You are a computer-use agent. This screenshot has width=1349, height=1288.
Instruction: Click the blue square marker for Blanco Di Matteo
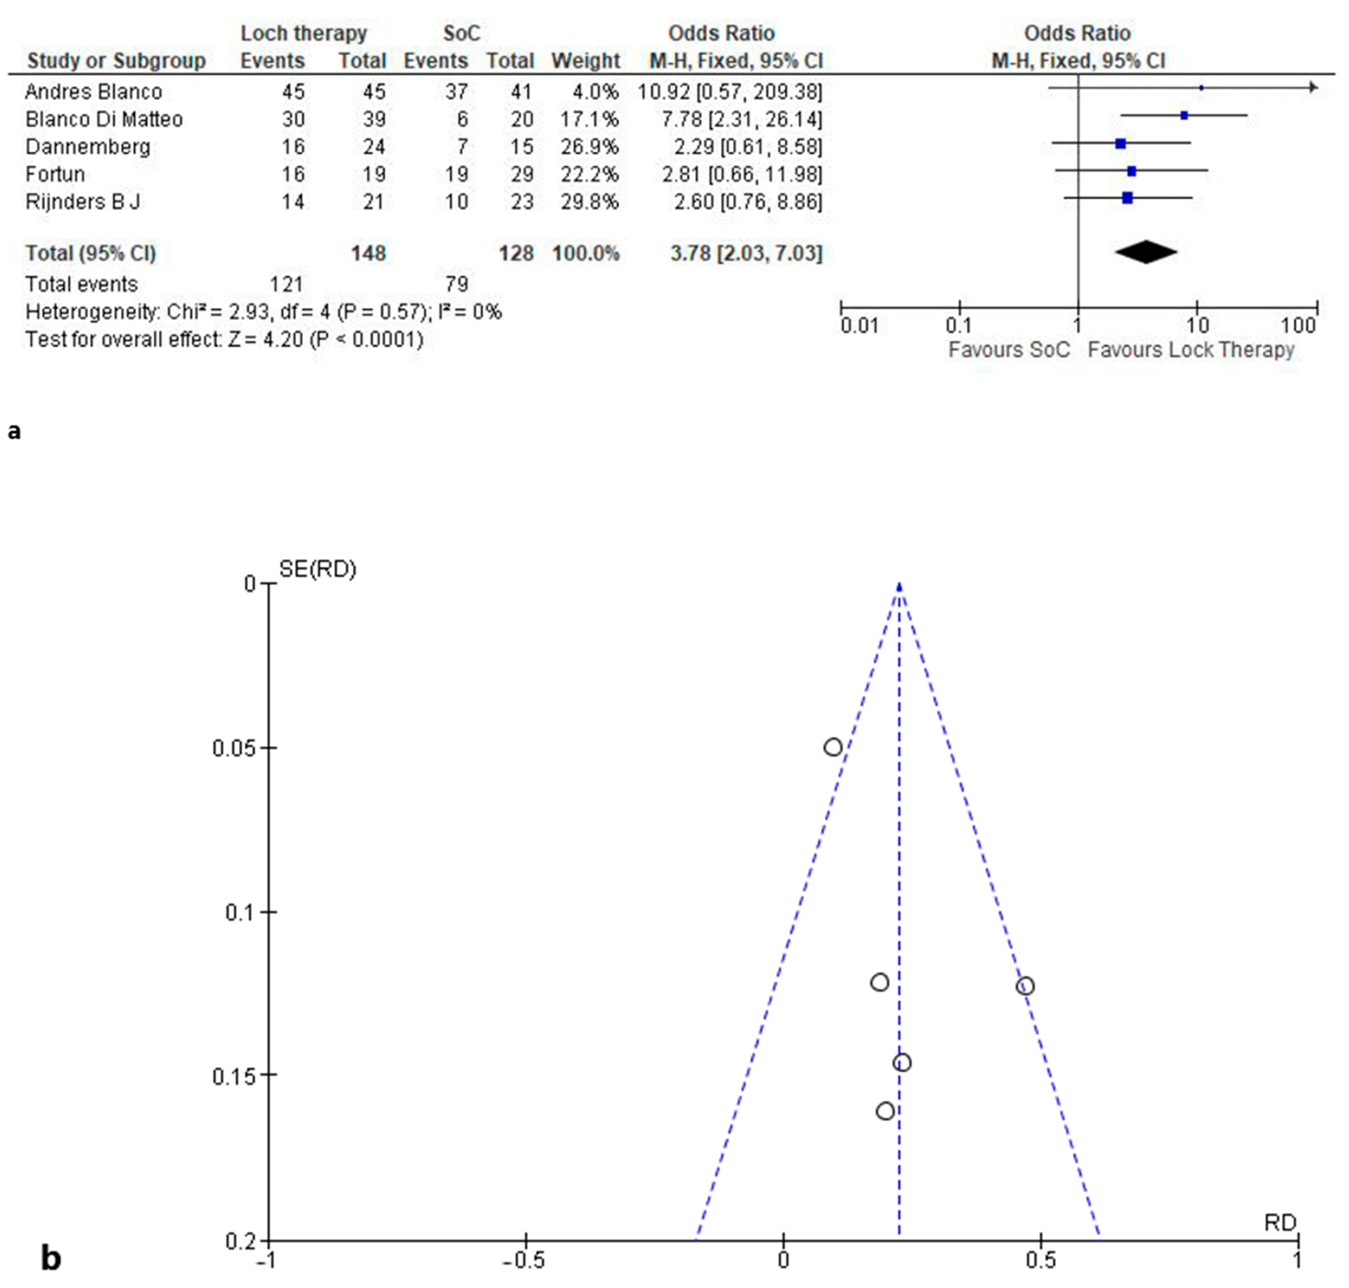click(x=1184, y=115)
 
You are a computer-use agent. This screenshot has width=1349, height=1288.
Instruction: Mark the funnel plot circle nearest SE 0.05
click(x=833, y=747)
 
